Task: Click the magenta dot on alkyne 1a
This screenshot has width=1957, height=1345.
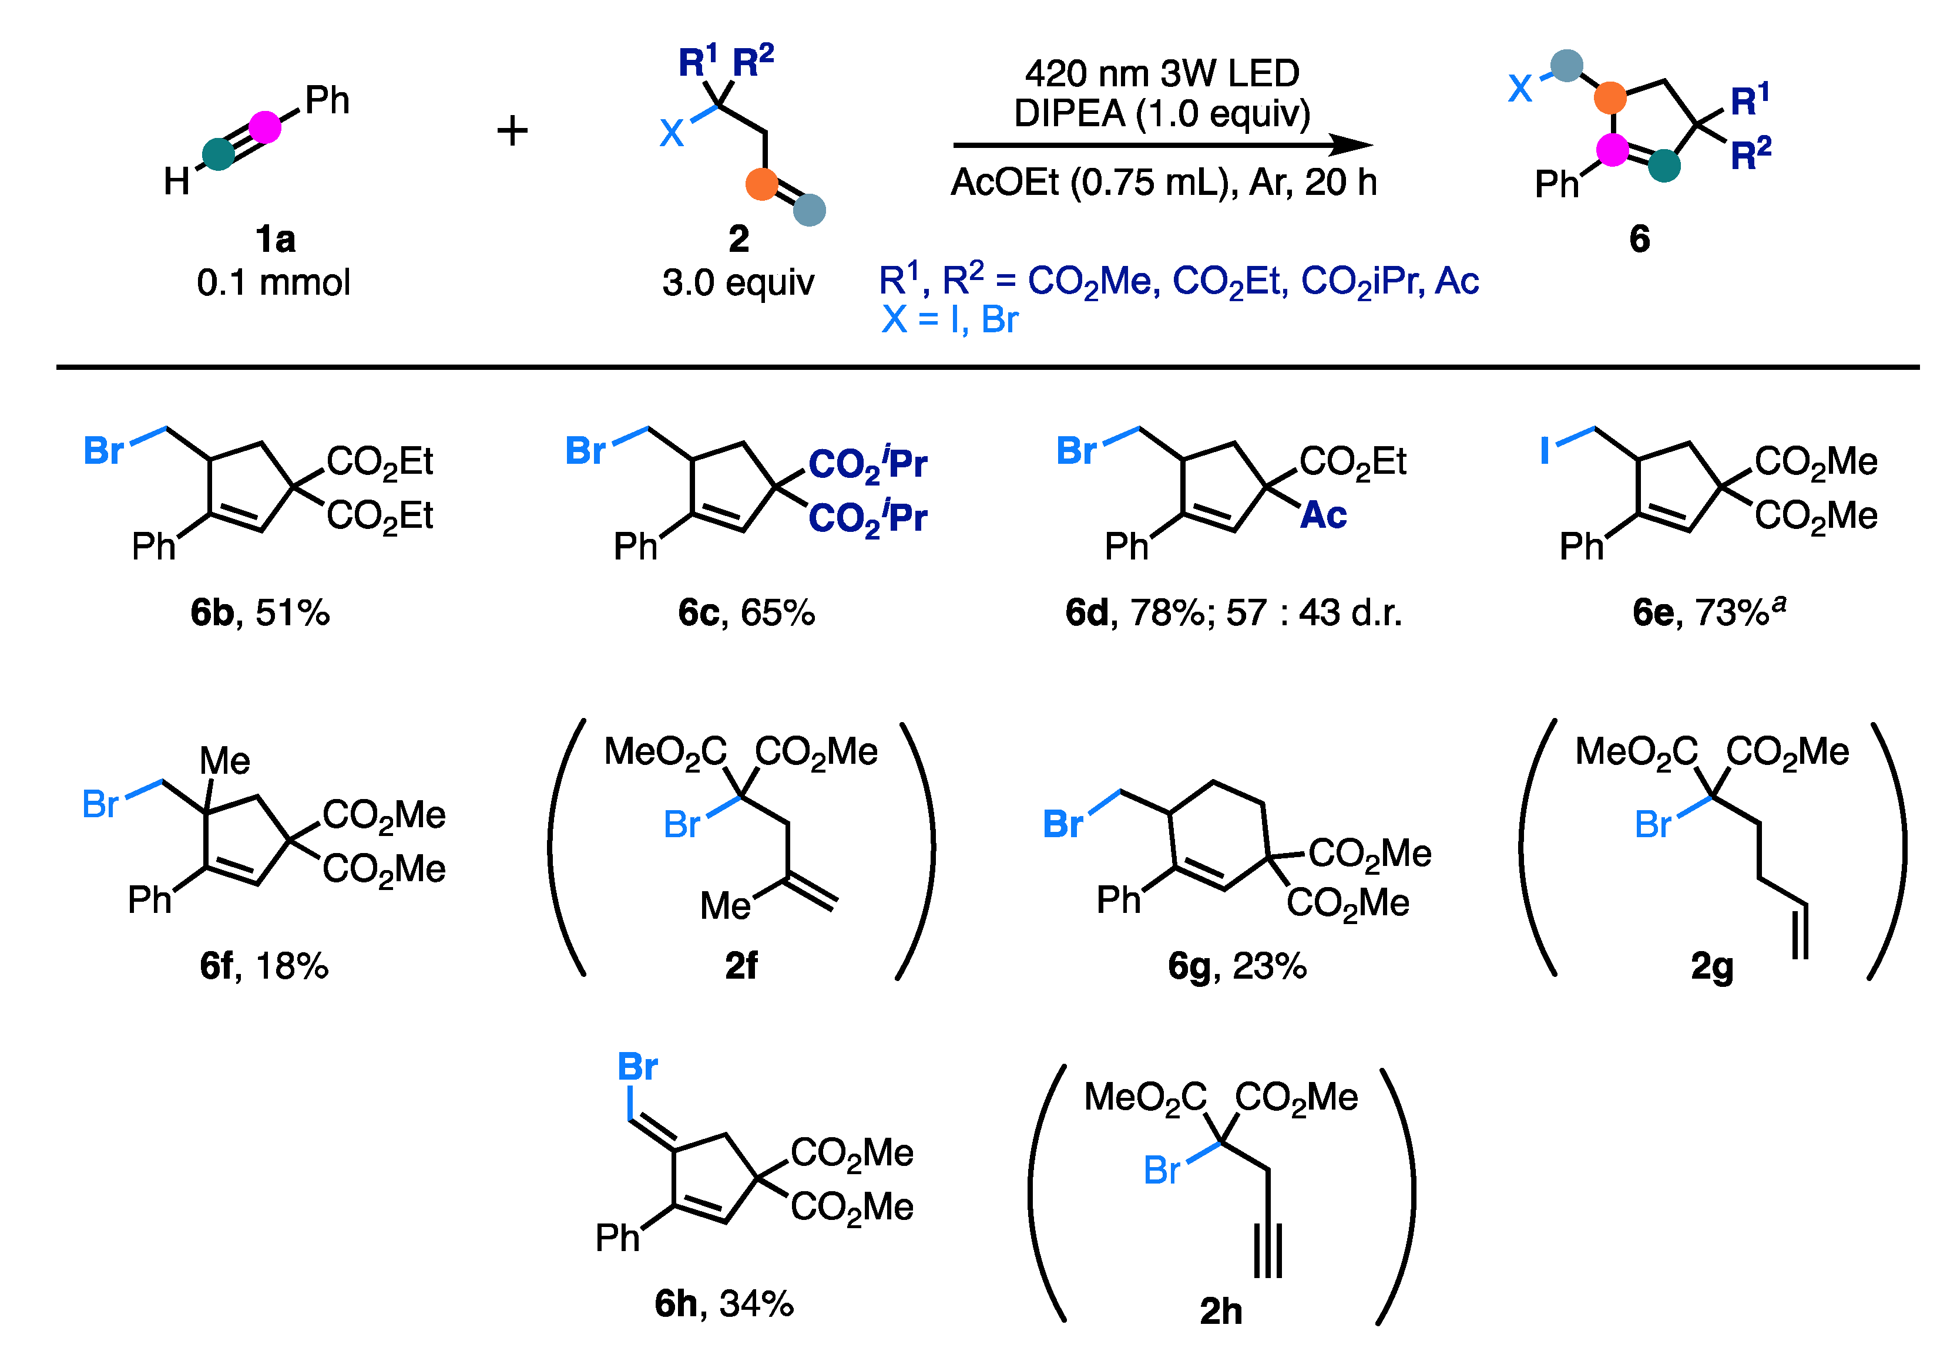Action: [x=265, y=127]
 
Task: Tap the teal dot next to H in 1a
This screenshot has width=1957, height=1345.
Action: [x=219, y=155]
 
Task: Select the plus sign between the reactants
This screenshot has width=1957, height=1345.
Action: [x=512, y=130]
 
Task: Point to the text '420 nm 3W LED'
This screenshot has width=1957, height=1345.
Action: [x=1162, y=74]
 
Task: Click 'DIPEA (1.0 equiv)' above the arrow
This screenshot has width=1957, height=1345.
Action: [x=1162, y=113]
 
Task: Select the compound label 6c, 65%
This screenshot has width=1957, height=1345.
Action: [x=746, y=613]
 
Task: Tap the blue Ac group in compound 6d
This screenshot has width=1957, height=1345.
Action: [x=1323, y=515]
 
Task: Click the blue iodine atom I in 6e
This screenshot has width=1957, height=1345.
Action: [x=1545, y=450]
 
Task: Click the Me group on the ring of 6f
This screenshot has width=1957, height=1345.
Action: [x=224, y=761]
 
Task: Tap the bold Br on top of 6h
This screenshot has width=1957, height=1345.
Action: [x=637, y=1067]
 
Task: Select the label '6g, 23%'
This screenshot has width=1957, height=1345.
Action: [x=1237, y=966]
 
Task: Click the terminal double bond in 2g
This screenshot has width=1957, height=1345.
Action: [x=1800, y=931]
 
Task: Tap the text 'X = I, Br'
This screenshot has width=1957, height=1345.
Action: [x=949, y=320]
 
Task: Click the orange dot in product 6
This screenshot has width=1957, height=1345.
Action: [x=1610, y=99]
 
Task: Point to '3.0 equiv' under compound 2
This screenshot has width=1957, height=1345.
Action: [x=738, y=282]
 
